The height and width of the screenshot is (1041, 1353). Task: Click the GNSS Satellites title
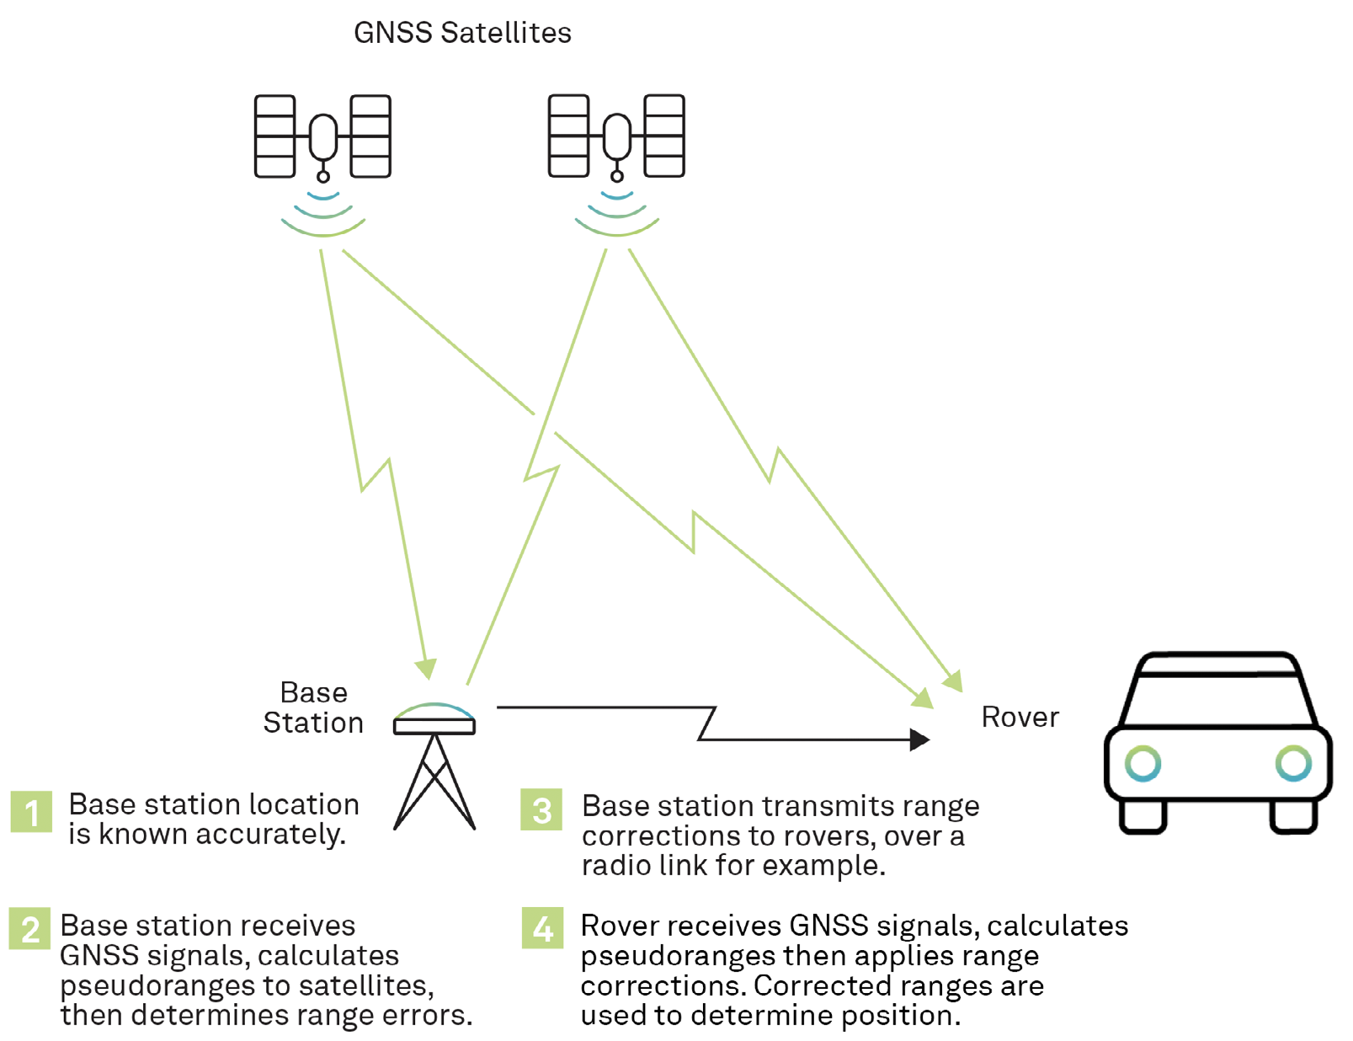coord(462,33)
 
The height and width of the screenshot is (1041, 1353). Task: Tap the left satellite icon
coord(322,136)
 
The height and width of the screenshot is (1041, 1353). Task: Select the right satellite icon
coord(616,136)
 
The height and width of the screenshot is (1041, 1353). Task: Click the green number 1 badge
coord(31,812)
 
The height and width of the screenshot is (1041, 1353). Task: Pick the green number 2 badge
coord(29,929)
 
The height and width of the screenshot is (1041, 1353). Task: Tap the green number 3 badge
coord(541,809)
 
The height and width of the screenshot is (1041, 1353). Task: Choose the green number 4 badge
coord(542,928)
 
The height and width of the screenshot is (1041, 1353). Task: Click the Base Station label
coord(313,707)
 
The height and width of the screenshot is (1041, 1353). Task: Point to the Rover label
coord(1020,717)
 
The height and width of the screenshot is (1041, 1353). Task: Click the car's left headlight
coord(1143,764)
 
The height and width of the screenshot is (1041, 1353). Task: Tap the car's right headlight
coord(1292,764)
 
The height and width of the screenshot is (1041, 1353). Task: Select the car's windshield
coord(1218,699)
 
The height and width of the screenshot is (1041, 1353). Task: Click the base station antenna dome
coord(434,713)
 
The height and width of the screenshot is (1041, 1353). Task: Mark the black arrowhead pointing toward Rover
coord(919,739)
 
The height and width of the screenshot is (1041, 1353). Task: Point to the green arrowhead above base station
coord(427,669)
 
